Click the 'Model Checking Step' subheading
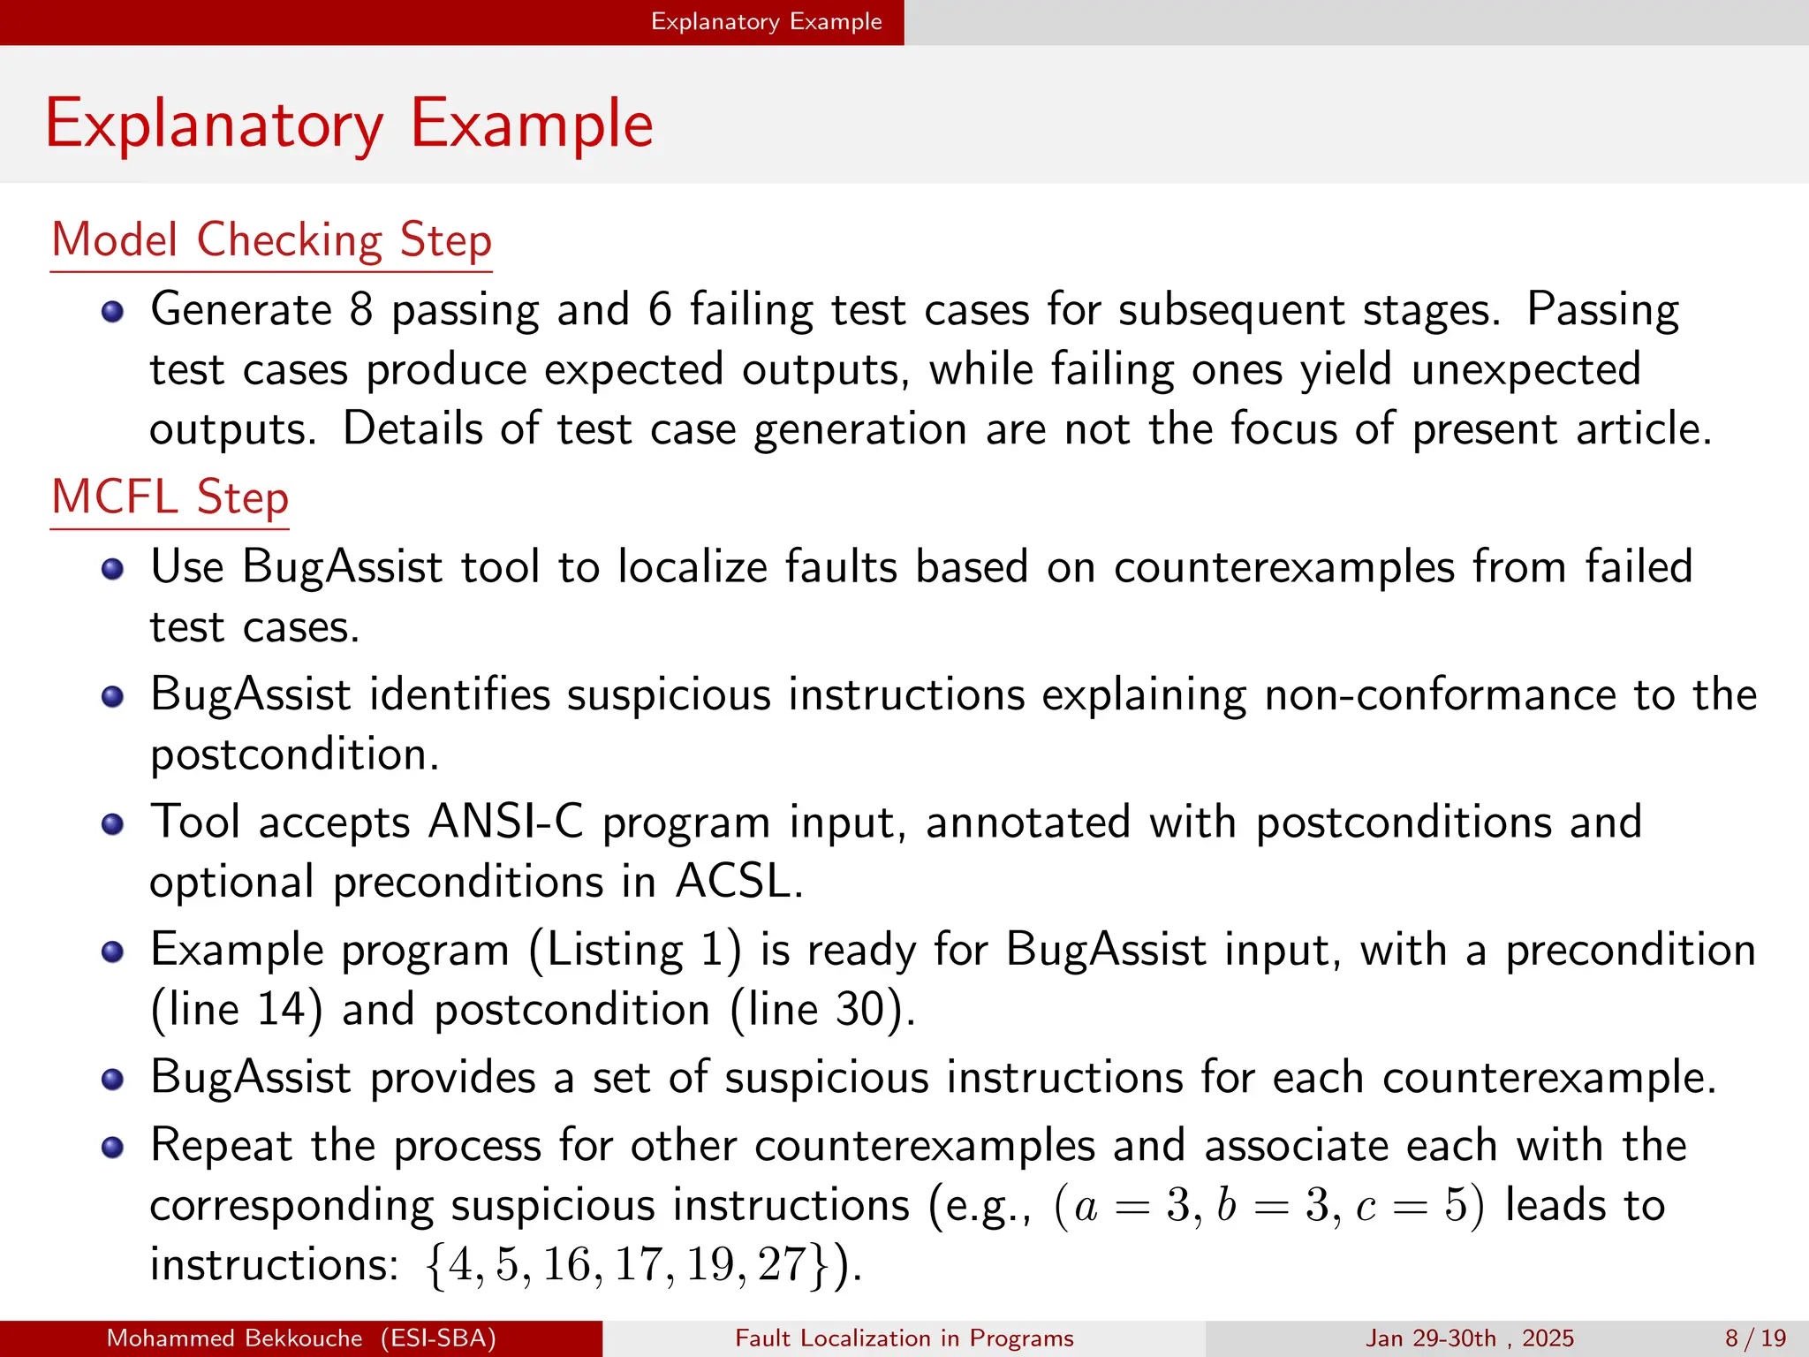tap(271, 240)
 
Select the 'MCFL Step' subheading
tap(170, 497)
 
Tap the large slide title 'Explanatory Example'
tap(349, 124)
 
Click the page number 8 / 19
tap(1755, 1338)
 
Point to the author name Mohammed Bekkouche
tap(234, 1338)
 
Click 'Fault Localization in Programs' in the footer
tap(904, 1338)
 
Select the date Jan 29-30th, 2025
tap(1469, 1338)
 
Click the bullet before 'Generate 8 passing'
tap(112, 313)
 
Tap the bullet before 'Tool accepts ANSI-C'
tap(112, 825)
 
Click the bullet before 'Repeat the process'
tap(112, 1148)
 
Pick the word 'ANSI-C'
tap(505, 823)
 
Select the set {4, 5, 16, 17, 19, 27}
tap(629, 1265)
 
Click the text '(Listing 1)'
tap(634, 951)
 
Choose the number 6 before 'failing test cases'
tap(660, 311)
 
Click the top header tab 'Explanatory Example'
tap(766, 22)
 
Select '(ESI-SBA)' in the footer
tap(438, 1338)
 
